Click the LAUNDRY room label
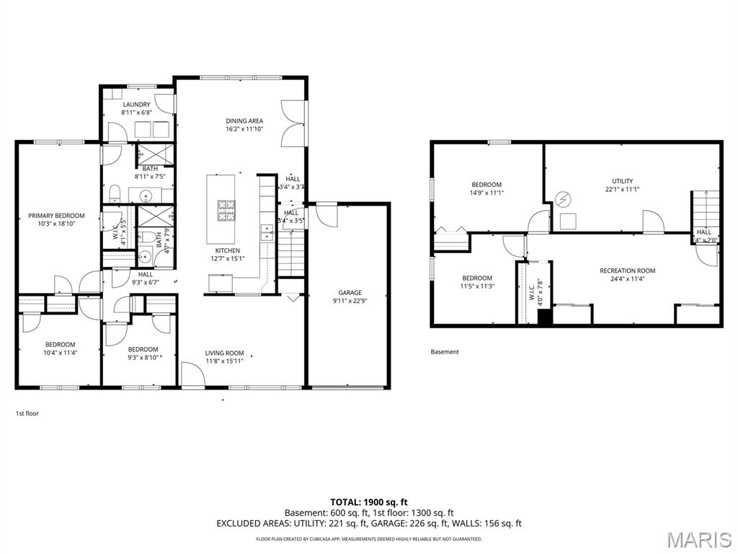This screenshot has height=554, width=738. coord(135,105)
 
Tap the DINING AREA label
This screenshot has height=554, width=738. coord(244,120)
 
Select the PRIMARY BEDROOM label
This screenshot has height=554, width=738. coord(56,215)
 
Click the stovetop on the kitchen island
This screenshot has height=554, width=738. coord(226,209)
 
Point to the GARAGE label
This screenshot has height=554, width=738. coord(350,292)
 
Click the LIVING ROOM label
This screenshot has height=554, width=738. coord(224,353)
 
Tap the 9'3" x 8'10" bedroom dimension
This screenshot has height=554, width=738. coord(143,357)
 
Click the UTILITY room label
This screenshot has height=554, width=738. coord(622,180)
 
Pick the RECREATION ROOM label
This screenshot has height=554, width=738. coord(627,271)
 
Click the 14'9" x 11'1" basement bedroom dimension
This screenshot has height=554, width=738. coord(486,193)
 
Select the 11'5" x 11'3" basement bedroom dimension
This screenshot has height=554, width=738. coord(477,286)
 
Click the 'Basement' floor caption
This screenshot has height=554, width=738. coord(445,352)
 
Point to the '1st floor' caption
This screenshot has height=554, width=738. coord(27,413)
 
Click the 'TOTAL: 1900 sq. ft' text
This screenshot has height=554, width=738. coord(369,502)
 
